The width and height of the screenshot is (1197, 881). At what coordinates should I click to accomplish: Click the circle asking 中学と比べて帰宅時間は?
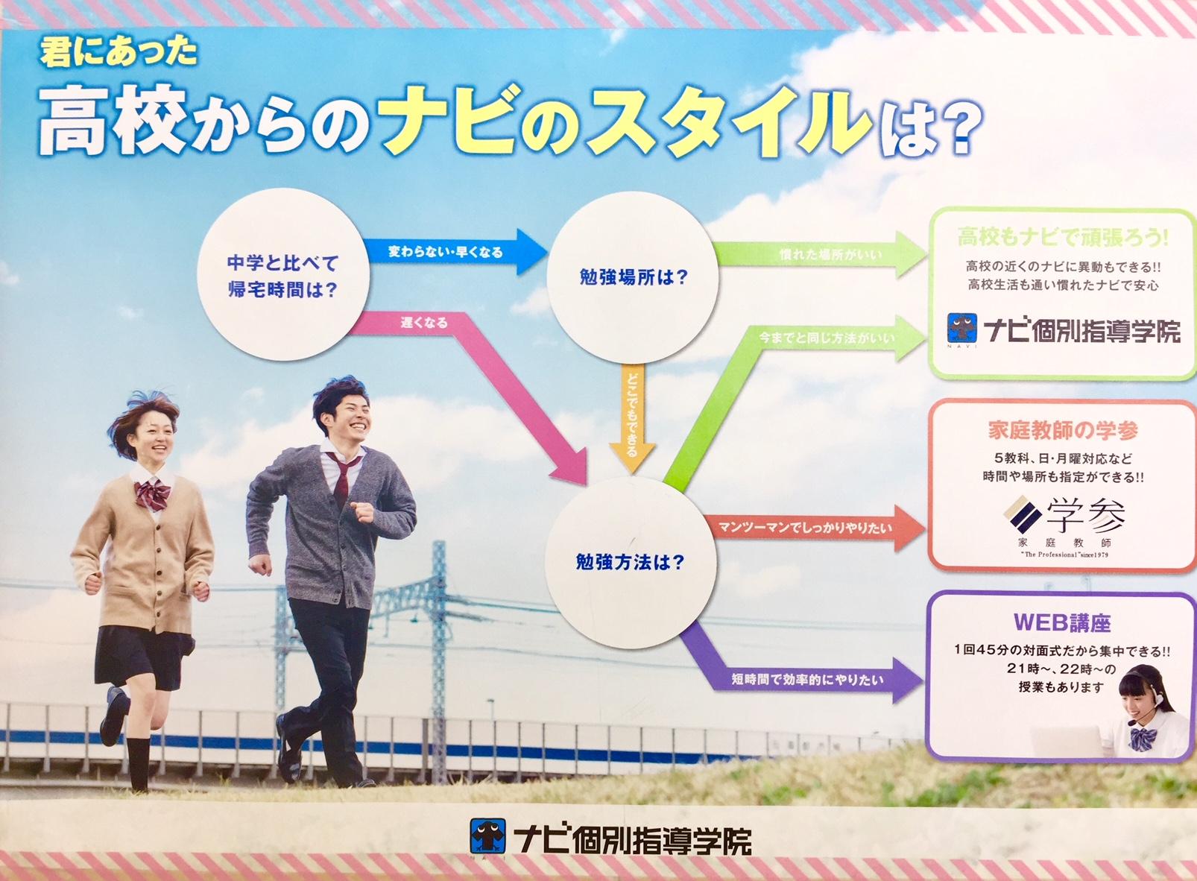(283, 274)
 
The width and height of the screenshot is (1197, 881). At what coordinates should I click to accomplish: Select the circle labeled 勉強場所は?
(633, 277)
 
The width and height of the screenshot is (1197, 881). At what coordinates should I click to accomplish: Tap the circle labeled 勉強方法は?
(631, 563)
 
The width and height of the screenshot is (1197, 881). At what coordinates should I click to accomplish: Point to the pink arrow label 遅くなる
(424, 323)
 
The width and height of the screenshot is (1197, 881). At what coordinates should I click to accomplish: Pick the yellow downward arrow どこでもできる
(632, 418)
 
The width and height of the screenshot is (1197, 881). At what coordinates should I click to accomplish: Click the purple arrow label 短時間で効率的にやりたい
(807, 680)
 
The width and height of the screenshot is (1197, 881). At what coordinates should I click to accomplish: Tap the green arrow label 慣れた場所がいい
(831, 255)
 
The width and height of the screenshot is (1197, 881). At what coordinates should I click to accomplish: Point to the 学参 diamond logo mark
(1023, 514)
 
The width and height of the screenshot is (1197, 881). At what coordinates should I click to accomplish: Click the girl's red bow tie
(152, 495)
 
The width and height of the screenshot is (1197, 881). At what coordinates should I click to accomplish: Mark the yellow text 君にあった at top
(119, 54)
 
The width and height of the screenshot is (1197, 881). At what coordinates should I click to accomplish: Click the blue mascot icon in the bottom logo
(488, 836)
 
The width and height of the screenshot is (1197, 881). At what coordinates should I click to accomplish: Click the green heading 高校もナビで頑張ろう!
(1064, 237)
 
